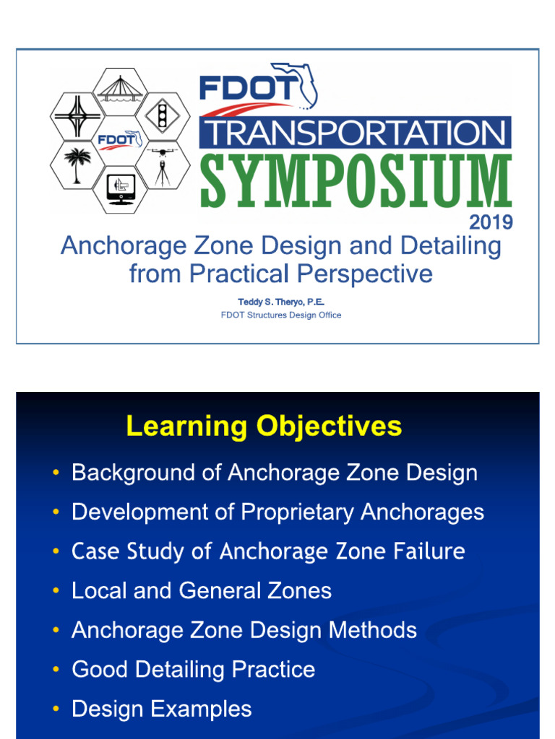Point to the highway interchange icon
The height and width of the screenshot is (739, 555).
(x=75, y=116)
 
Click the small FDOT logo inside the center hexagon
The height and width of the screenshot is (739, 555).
(x=120, y=139)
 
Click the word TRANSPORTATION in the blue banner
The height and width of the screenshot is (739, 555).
(x=356, y=133)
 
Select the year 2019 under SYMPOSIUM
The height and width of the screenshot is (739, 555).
(x=491, y=222)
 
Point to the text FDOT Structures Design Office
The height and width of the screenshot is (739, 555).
(x=281, y=315)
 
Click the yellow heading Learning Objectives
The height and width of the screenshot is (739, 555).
(x=264, y=427)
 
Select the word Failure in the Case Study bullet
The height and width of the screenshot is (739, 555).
(x=429, y=551)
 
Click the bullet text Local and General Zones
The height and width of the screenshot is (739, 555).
(x=202, y=591)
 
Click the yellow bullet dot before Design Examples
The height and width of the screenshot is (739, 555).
(x=56, y=709)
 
